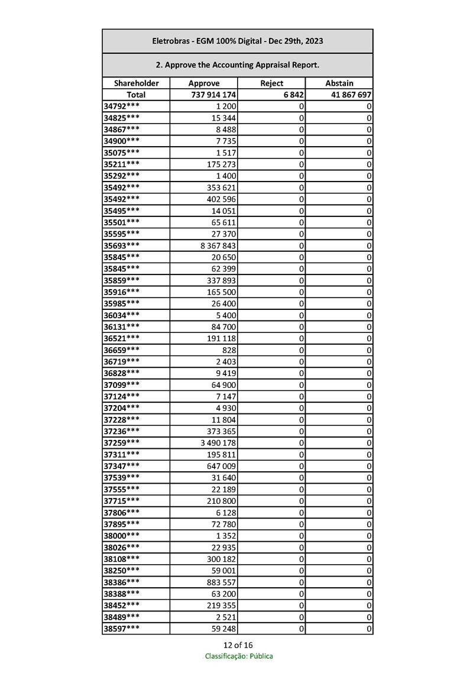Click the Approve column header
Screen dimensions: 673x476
203,83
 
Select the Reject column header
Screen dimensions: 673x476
271,83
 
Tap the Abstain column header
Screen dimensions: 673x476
339,83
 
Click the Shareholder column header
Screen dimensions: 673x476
136,83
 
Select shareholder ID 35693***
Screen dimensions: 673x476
122,245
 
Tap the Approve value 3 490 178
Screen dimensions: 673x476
219,442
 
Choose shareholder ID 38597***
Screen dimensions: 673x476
122,628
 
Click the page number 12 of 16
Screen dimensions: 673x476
238,645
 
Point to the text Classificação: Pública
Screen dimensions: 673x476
239,656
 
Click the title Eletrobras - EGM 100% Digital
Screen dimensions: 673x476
237,41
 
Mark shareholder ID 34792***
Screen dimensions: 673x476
122,106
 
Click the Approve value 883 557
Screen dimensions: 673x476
221,582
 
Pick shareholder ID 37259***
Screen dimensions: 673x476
122,442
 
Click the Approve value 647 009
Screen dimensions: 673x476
221,466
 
